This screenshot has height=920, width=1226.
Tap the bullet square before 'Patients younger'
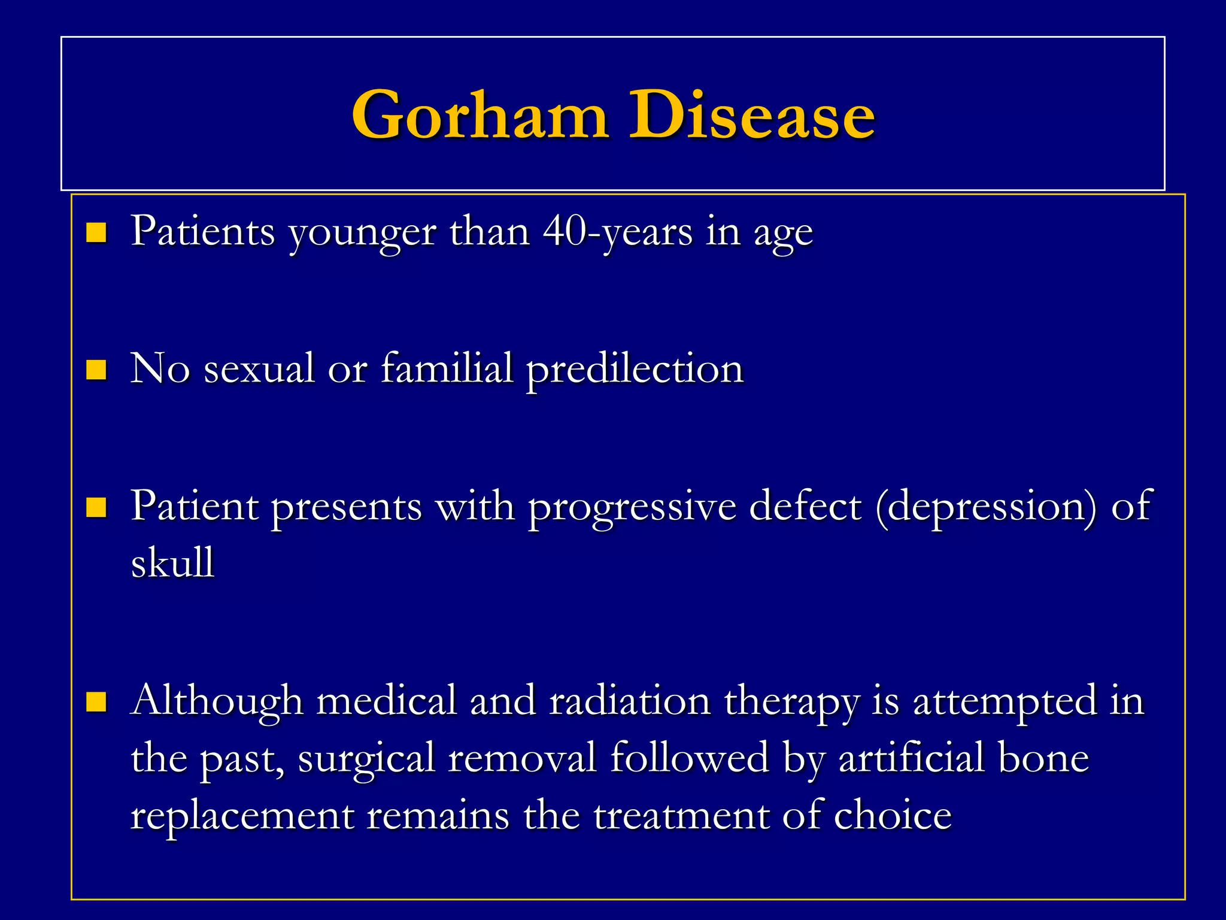pos(96,232)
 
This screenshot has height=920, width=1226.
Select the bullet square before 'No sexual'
pos(96,370)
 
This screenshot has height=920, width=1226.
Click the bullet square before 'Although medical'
pos(96,701)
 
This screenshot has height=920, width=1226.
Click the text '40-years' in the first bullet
pos(617,232)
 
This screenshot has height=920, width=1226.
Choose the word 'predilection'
pos(635,370)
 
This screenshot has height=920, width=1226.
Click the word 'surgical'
pos(366,758)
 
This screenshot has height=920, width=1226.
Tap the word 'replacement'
pos(242,816)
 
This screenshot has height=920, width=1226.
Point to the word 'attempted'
pos(1006,701)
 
